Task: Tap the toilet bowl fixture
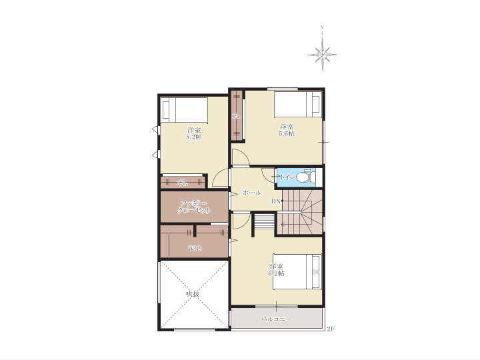point(306,177)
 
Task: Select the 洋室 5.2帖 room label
point(194,133)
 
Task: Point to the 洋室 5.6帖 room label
point(287,130)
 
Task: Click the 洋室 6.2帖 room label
point(276,270)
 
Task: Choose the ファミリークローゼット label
point(194,207)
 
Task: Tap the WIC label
point(195,248)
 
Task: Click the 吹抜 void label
point(193,294)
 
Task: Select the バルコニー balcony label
point(276,319)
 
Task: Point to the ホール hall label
point(252,193)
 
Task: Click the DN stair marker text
point(276,201)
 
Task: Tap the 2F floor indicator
point(331,329)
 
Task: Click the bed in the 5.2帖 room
point(184,110)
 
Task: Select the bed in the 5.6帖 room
point(298,104)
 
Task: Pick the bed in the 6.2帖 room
point(297,271)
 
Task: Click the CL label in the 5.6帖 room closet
point(237,116)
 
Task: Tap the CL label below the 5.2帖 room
point(183,183)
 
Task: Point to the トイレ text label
point(287,177)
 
